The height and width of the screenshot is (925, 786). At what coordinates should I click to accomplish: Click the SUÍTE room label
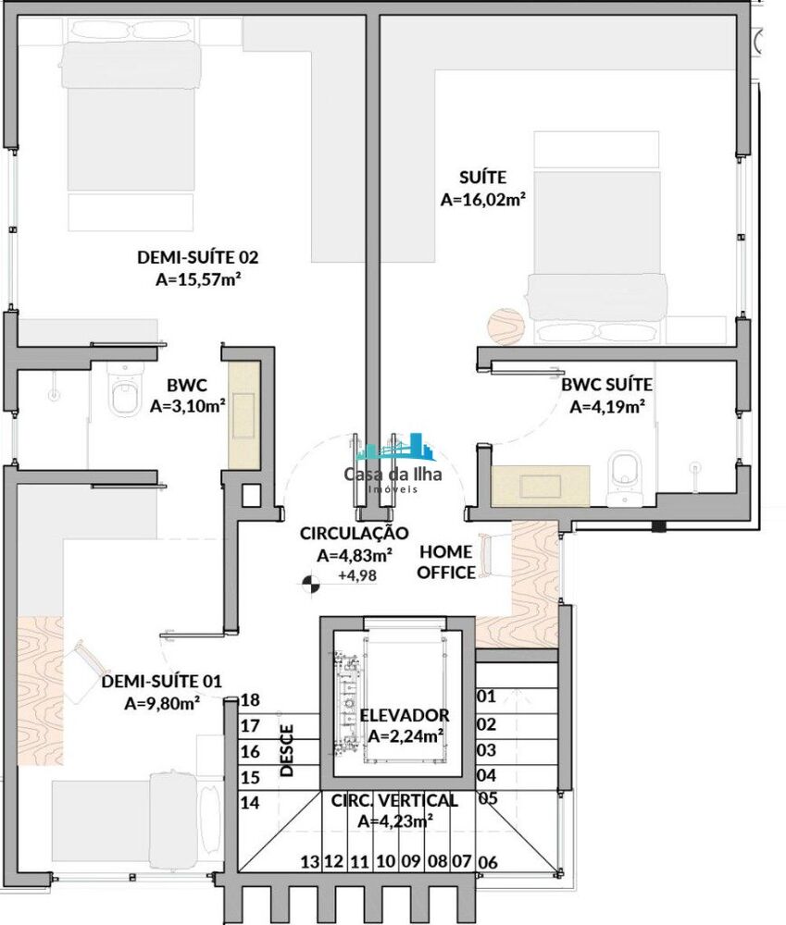tap(483, 176)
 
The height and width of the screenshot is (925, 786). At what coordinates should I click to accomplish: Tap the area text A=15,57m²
tap(193, 278)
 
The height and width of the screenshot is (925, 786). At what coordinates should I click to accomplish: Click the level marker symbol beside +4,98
tap(311, 583)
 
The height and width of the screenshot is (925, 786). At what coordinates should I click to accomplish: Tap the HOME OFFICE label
tap(446, 562)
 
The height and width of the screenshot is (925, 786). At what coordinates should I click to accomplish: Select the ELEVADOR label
tap(404, 715)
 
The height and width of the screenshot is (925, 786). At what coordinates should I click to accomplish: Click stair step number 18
tap(249, 700)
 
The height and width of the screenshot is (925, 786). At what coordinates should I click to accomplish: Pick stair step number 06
tap(490, 863)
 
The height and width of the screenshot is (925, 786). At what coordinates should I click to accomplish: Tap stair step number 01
tap(486, 696)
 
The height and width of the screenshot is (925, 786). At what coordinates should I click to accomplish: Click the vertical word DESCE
tap(286, 749)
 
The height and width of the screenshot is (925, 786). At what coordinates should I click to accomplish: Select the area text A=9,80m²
tap(163, 703)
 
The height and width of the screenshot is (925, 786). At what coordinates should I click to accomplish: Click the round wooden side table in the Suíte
tap(505, 326)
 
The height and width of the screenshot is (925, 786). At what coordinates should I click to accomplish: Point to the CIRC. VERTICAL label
tap(394, 800)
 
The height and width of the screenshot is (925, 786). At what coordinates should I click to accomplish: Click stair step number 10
tap(385, 862)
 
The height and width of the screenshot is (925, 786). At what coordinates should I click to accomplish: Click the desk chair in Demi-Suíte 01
tap(88, 659)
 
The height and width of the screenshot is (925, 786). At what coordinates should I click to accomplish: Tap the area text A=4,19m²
tap(607, 405)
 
